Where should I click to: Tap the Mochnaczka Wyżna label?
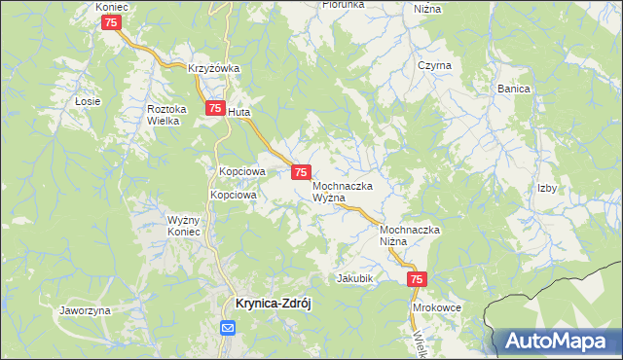click(344, 190)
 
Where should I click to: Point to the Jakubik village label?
click(355, 278)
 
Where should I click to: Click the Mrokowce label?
click(436, 306)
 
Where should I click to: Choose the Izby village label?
click(547, 189)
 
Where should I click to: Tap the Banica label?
click(514, 89)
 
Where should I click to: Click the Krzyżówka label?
click(214, 68)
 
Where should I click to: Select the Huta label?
click(239, 112)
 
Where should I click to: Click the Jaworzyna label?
click(85, 310)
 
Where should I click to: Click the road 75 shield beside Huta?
click(213, 110)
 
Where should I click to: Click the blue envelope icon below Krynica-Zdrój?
click(227, 329)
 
